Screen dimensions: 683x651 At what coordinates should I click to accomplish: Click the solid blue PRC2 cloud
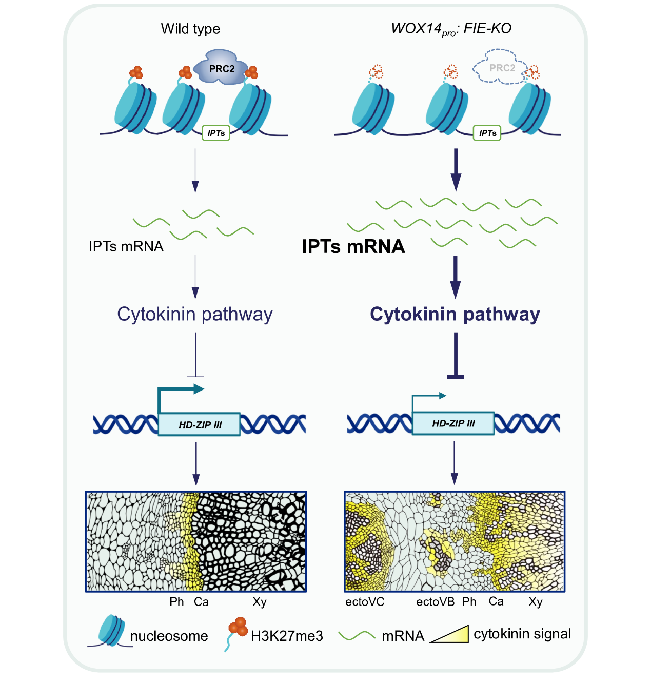pyautogui.click(x=221, y=67)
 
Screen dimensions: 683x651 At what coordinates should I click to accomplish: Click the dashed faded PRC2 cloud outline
pyautogui.click(x=500, y=67)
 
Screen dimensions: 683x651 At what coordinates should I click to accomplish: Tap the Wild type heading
pyautogui.click(x=190, y=29)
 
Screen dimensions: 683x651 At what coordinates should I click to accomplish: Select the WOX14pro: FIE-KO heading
pyautogui.click(x=451, y=29)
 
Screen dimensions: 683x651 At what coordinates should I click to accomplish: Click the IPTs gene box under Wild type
pyautogui.click(x=216, y=133)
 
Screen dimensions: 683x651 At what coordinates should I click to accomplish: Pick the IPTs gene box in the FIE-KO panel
pyautogui.click(x=487, y=133)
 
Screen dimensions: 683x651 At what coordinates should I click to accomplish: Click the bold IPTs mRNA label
pyautogui.click(x=353, y=247)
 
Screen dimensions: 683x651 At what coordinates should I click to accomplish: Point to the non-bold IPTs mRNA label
pyautogui.click(x=126, y=246)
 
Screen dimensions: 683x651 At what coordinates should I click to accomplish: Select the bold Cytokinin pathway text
pyautogui.click(x=455, y=314)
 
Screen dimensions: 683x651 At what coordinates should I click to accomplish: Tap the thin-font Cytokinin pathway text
pyautogui.click(x=195, y=314)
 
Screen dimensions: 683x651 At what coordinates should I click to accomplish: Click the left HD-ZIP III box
pyautogui.click(x=200, y=424)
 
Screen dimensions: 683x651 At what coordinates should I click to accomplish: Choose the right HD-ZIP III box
pyautogui.click(x=453, y=423)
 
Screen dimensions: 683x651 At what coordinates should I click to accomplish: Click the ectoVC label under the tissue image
pyautogui.click(x=365, y=602)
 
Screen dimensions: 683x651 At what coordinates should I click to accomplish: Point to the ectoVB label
pyautogui.click(x=435, y=602)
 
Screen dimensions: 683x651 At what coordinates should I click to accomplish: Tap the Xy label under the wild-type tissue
pyautogui.click(x=260, y=602)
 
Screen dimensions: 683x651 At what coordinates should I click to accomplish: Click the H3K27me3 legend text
pyautogui.click(x=287, y=636)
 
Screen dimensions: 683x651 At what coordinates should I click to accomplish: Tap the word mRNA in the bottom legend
pyautogui.click(x=403, y=636)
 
